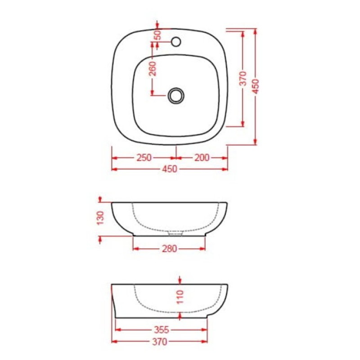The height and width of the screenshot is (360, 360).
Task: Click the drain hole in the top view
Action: coord(176,95)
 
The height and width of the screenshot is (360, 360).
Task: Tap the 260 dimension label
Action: coord(153,68)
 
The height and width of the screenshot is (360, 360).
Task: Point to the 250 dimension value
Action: coord(144,158)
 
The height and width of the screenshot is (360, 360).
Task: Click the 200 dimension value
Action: coord(202,158)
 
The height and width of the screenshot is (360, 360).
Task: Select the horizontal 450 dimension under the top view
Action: coord(170,169)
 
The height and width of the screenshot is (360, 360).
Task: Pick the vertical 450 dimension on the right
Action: coord(256,86)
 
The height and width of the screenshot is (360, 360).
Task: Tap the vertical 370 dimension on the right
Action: coord(243,78)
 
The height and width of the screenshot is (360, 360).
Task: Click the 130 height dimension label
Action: coord(100,218)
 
